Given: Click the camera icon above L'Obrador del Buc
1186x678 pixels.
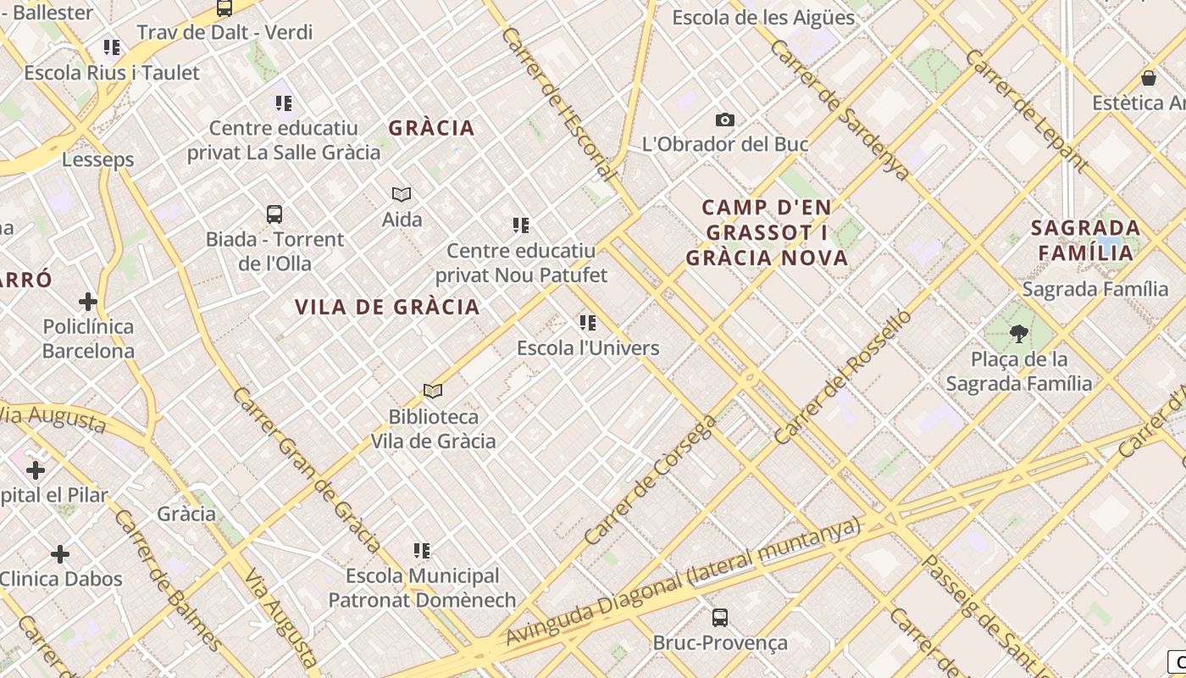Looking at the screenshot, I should pyautogui.click(x=725, y=119).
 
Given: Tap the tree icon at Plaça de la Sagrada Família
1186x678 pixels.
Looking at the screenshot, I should pyautogui.click(x=1018, y=333).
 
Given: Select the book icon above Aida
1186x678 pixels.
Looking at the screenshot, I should pyautogui.click(x=402, y=194).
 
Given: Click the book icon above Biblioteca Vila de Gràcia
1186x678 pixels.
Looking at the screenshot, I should pyautogui.click(x=433, y=391).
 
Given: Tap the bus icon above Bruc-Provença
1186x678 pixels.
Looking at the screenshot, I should pyautogui.click(x=719, y=617).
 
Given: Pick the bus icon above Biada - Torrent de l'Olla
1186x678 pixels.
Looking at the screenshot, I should pyautogui.click(x=274, y=214).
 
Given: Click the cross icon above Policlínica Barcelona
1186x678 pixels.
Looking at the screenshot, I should pyautogui.click(x=88, y=301).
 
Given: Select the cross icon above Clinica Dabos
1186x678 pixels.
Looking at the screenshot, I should pyautogui.click(x=60, y=554).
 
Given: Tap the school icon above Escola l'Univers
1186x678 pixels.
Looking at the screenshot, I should pyautogui.click(x=588, y=322).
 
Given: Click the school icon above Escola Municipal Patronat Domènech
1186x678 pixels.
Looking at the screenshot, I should pyautogui.click(x=422, y=551).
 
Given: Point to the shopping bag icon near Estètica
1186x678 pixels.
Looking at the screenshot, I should pyautogui.click(x=1149, y=78).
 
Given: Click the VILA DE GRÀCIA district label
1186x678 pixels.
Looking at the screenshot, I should pyautogui.click(x=387, y=307).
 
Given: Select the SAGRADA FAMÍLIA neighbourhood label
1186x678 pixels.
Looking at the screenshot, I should pyautogui.click(x=1085, y=240).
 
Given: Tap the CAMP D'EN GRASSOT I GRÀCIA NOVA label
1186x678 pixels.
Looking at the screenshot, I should pyautogui.click(x=767, y=232).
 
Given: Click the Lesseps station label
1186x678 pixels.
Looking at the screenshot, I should pyautogui.click(x=97, y=159).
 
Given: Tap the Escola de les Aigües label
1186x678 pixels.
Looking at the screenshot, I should pyautogui.click(x=763, y=17).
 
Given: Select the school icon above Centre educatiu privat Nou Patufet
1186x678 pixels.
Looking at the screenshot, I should pyautogui.click(x=521, y=225).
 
